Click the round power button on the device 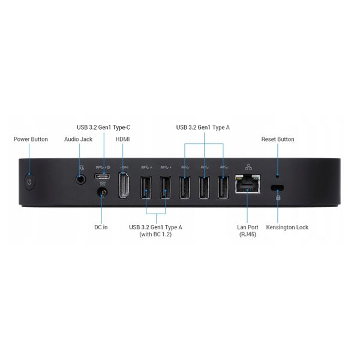pyautogui.click(x=29, y=182)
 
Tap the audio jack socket pyautogui.click(x=81, y=179)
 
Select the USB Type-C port pyautogui.click(x=102, y=176)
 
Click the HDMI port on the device pyautogui.click(x=124, y=185)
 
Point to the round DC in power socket pyautogui.click(x=103, y=193)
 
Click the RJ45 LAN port pyautogui.click(x=247, y=184)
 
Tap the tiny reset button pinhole pyautogui.click(x=277, y=176)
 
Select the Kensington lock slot pyautogui.click(x=277, y=188)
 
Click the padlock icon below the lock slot pyautogui.click(x=278, y=197)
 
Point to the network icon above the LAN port pyautogui.click(x=248, y=167)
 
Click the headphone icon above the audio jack pyautogui.click(x=82, y=167)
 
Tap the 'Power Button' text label pyautogui.click(x=31, y=139)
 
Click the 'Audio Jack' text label pyautogui.click(x=78, y=139)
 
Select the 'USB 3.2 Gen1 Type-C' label pyautogui.click(x=103, y=127)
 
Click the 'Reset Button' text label pyautogui.click(x=278, y=139)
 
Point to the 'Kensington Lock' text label pyautogui.click(x=287, y=227)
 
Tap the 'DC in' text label pyautogui.click(x=101, y=227)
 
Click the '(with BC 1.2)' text pyautogui.click(x=155, y=235)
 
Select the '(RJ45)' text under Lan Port pyautogui.click(x=247, y=235)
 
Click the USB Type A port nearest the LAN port pyautogui.click(x=223, y=187)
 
